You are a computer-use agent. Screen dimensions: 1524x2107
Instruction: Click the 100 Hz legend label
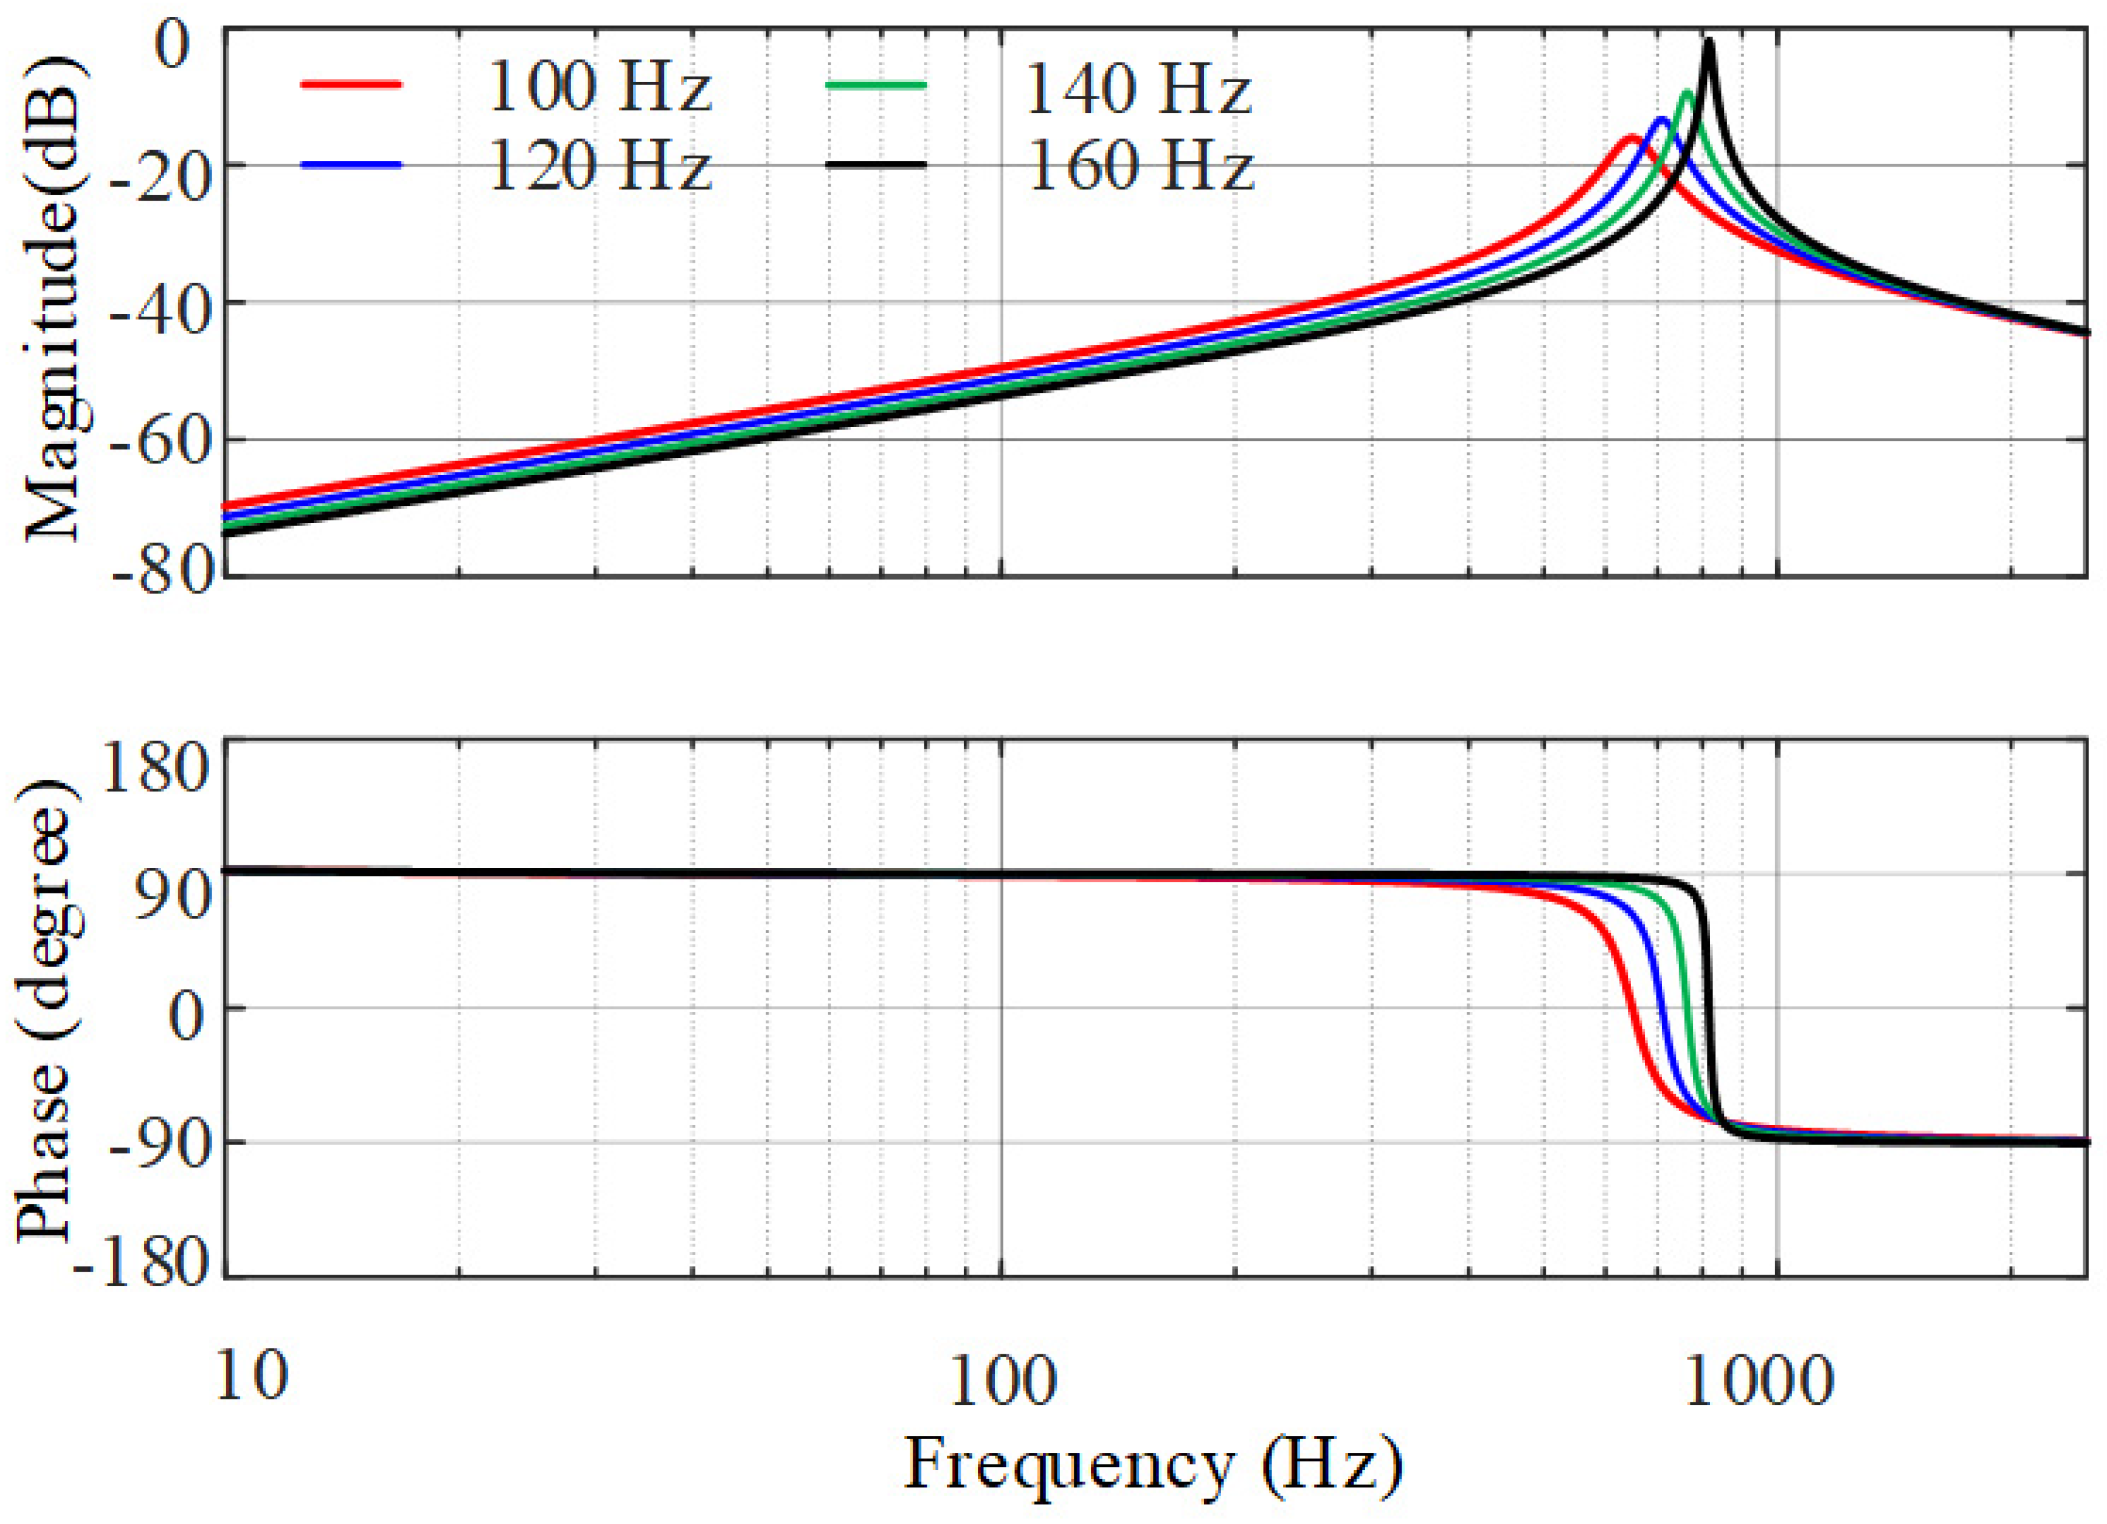click(599, 88)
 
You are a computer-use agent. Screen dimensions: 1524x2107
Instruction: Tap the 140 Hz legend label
click(1138, 90)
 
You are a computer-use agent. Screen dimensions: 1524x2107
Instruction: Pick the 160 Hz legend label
click(1140, 167)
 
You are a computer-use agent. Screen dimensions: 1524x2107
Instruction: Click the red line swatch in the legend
click(351, 84)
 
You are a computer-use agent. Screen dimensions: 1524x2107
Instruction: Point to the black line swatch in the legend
click(875, 164)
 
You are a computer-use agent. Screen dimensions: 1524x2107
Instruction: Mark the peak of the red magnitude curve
click(1630, 137)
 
